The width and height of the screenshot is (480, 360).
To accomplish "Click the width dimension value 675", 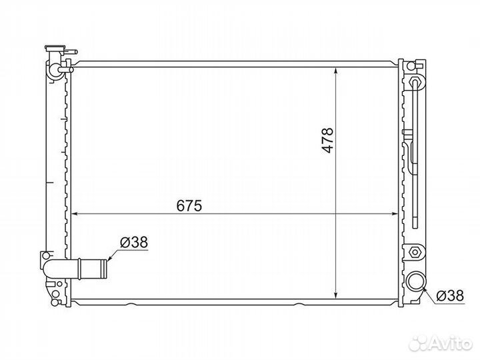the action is [x=189, y=206].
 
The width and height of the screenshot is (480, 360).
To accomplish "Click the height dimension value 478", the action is [x=327, y=140].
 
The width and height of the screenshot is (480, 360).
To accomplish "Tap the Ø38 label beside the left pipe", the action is [x=134, y=243].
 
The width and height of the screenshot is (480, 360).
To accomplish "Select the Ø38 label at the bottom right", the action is [x=450, y=296].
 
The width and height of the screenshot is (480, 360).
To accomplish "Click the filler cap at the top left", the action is [x=55, y=48].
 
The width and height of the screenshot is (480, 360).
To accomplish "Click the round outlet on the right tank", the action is [x=416, y=281].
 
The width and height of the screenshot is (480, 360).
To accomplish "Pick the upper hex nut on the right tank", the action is [x=415, y=82].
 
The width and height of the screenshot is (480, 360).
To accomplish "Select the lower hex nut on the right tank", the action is [x=415, y=252].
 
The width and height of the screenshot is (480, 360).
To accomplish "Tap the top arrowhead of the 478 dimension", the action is [x=336, y=71].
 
